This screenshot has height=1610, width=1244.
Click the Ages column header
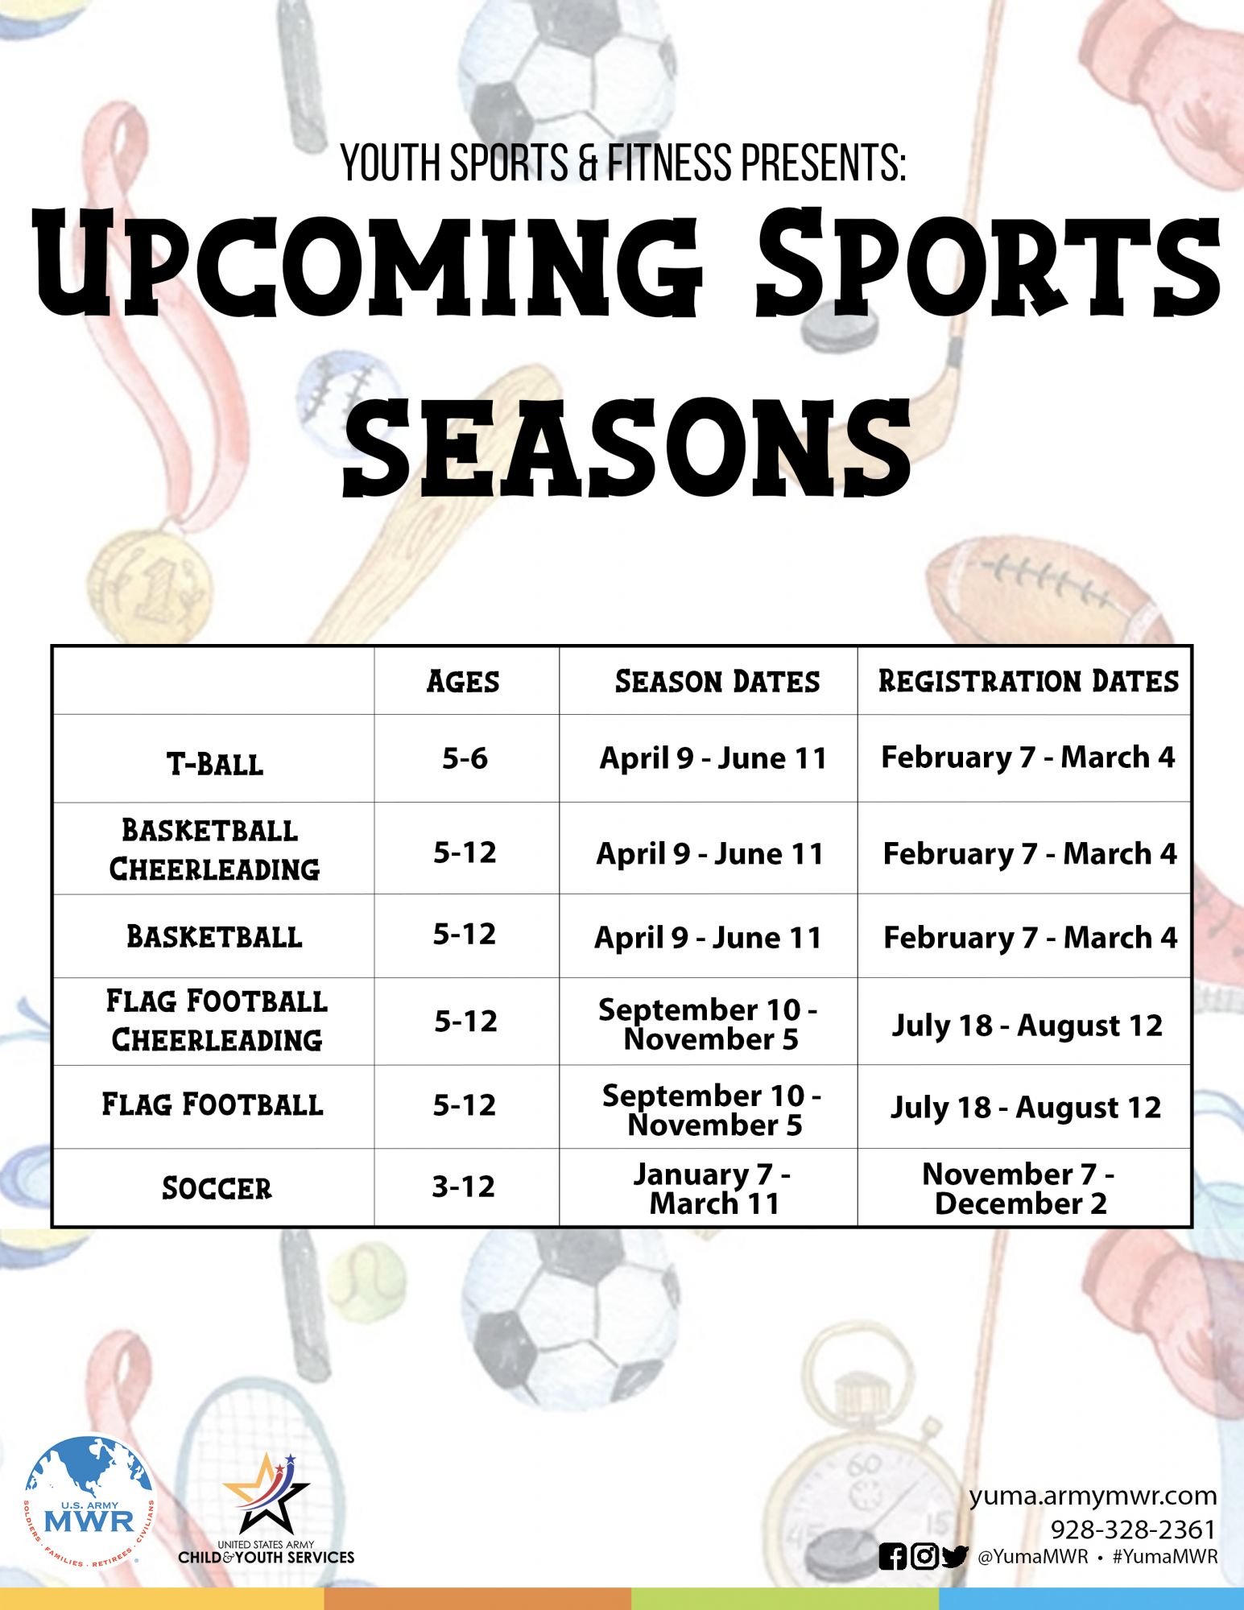tap(463, 682)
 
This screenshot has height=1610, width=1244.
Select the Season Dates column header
tap(717, 682)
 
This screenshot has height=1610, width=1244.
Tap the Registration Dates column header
tap(1028, 681)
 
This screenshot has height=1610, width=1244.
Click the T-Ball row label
tap(215, 764)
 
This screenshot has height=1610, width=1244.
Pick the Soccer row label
tap(217, 1188)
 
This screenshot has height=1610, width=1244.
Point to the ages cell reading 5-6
tap(465, 758)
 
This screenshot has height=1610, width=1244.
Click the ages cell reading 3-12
tap(463, 1187)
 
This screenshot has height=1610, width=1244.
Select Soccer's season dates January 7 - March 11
tap(713, 1189)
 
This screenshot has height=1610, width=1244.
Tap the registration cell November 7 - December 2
tap(1019, 1189)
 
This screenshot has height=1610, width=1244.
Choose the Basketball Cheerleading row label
tap(214, 850)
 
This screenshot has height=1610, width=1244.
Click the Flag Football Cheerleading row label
tap(217, 1021)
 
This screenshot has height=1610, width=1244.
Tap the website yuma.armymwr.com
tap(1093, 1496)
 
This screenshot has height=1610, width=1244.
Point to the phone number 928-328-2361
tap(1133, 1529)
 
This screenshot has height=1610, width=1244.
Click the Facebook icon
tap(892, 1557)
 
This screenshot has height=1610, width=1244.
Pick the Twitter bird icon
tap(955, 1557)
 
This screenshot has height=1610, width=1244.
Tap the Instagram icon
tap(924, 1557)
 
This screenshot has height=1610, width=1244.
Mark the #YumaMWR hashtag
tap(1165, 1557)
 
